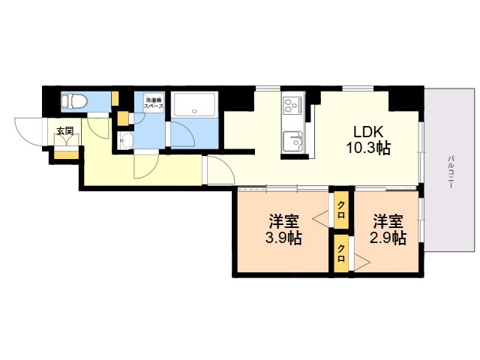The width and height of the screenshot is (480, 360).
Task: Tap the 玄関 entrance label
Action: click(65, 131)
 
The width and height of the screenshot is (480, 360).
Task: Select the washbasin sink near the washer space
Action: click(125, 142)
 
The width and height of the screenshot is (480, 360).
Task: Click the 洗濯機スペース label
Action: click(153, 103)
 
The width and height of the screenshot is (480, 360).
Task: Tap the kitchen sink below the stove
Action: click(291, 139)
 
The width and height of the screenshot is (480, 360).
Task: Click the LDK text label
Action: click(367, 130)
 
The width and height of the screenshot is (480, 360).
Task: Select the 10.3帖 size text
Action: click(367, 148)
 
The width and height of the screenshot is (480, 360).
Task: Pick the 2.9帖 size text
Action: click(388, 239)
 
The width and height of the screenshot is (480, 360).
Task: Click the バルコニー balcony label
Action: click(451, 171)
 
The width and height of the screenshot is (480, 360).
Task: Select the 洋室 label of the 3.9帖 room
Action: click(284, 222)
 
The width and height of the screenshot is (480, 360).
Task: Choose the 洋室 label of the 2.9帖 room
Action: click(388, 221)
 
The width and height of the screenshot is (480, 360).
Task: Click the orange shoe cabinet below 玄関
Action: click(66, 156)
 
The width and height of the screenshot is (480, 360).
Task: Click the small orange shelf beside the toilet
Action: click(115, 98)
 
